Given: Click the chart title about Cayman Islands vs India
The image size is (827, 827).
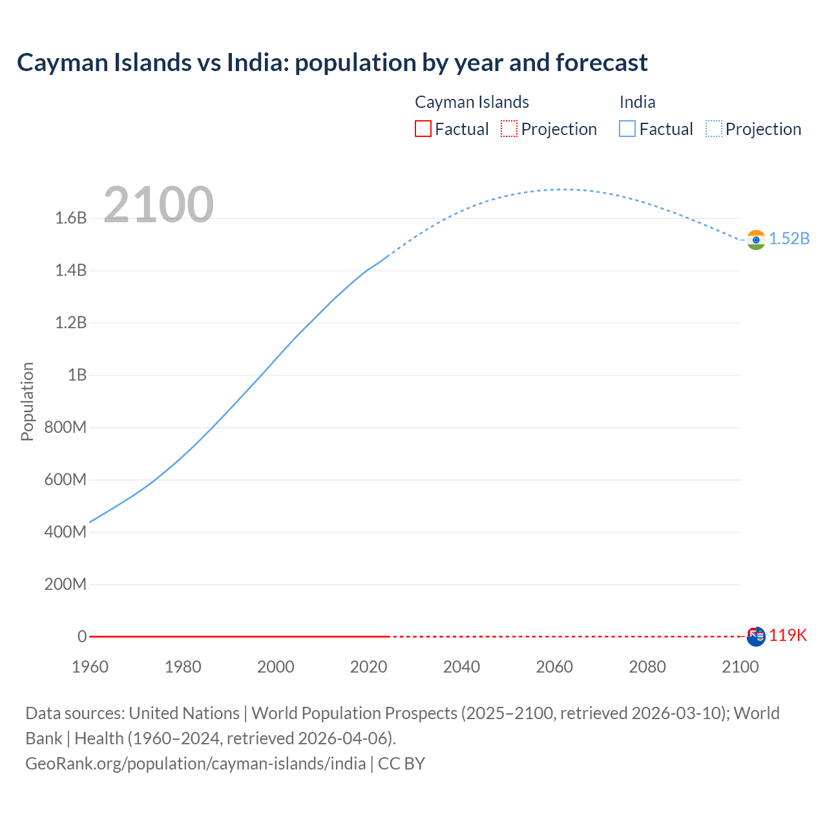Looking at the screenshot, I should tap(332, 63).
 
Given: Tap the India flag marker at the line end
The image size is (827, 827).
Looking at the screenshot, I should tap(756, 240).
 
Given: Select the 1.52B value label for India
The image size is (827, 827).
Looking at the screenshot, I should tap(789, 238).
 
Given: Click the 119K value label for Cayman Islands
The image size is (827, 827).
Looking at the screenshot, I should tap(788, 635).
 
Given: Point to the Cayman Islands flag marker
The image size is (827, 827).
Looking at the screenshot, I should tap(756, 636).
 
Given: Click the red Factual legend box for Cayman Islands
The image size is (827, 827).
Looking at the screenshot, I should tap(423, 129).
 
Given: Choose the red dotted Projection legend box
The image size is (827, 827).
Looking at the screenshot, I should tap(509, 129).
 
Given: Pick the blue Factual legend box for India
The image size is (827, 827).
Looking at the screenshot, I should tap(627, 129).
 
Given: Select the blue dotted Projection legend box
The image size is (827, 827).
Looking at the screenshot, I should tap(714, 129).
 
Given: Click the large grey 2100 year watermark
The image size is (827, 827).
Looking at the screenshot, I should tap(158, 205).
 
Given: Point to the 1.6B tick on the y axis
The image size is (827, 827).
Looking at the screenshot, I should tap(71, 218).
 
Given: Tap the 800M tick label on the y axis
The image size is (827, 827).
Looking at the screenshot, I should tap(65, 427).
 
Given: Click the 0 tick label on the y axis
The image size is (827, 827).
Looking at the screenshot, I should tap(82, 636).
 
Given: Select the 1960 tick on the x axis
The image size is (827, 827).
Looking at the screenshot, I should tap(90, 667).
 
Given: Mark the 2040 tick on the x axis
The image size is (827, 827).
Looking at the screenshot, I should tap(461, 667).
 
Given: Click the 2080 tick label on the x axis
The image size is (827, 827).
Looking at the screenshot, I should tap(647, 667).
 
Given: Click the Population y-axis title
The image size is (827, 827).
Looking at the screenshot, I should tap(27, 401).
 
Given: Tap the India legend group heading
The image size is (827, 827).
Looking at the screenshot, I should tap(637, 102).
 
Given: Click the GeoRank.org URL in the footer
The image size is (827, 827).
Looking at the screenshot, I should tap(196, 763).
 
